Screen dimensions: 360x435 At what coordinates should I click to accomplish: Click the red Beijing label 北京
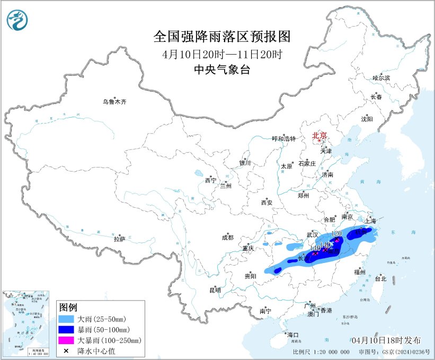pos(319,136)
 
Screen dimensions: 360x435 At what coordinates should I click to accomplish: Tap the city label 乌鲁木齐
pos(115,102)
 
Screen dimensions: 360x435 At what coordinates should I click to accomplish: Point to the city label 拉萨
pos(119,240)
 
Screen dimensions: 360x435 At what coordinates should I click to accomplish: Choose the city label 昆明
pos(215,290)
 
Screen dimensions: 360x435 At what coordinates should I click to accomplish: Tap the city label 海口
pos(292,335)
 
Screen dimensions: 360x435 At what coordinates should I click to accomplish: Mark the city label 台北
pos(380,278)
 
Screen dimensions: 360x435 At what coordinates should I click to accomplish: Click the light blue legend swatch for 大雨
pos(67,320)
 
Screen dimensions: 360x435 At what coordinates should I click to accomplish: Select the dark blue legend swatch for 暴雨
pos(67,330)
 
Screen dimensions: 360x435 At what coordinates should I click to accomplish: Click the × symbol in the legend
pos(67,350)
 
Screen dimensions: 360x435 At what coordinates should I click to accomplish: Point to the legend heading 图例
pos(68,308)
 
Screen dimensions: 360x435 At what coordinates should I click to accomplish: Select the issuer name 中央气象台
pos(222,69)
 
